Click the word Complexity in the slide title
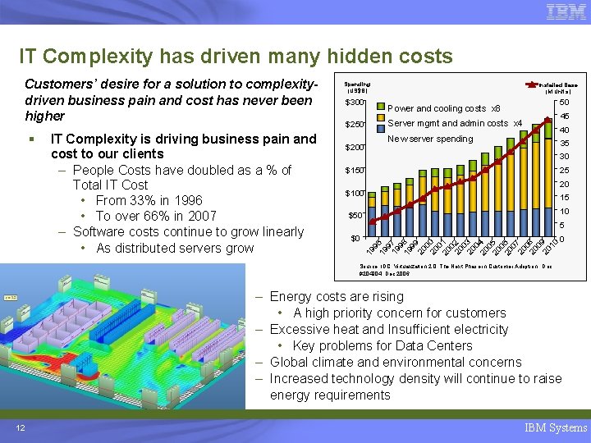pyautogui.click(x=98, y=56)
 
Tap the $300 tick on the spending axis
pyautogui.click(x=354, y=103)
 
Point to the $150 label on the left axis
pyautogui.click(x=354, y=171)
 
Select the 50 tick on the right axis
pyautogui.click(x=565, y=103)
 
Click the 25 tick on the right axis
pyautogui.click(x=565, y=171)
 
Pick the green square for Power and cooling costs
pyautogui.click(x=380, y=107)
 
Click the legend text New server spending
pyautogui.click(x=430, y=139)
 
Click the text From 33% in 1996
pyautogui.click(x=149, y=200)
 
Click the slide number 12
pyautogui.click(x=19, y=427)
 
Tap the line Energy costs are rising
pyautogui.click(x=337, y=297)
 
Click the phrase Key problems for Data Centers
pyautogui.click(x=382, y=345)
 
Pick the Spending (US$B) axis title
pyautogui.click(x=356, y=87)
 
